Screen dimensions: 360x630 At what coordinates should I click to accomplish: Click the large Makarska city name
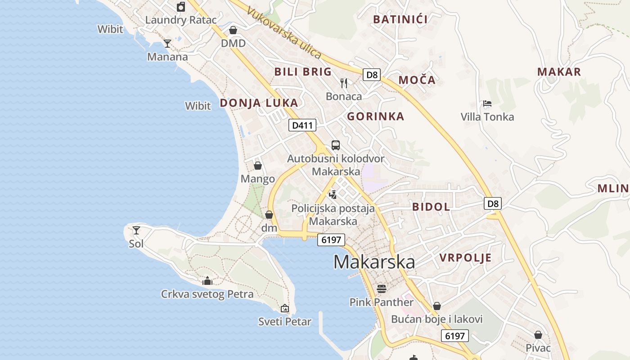(x=374, y=262)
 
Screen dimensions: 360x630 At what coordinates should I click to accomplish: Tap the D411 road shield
(x=302, y=125)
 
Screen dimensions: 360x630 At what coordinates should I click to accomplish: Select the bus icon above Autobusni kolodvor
(x=336, y=145)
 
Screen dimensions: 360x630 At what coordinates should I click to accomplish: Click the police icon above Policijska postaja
(x=333, y=194)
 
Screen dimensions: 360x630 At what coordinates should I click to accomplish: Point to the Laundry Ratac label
(x=181, y=20)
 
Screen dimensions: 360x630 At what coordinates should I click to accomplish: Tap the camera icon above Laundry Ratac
(x=181, y=7)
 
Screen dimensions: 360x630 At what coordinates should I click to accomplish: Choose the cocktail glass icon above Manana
(x=167, y=44)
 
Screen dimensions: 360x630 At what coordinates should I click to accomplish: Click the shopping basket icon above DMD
(x=233, y=30)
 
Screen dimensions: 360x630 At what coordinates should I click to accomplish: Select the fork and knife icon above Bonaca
(x=344, y=83)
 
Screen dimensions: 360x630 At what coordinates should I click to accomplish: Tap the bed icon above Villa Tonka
(x=487, y=103)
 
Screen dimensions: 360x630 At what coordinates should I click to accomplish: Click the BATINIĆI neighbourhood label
(x=400, y=19)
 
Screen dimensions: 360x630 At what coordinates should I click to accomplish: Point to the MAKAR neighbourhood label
(x=559, y=72)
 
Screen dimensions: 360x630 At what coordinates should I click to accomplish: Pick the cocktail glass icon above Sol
(x=136, y=230)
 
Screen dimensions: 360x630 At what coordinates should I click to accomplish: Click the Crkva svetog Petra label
(x=207, y=294)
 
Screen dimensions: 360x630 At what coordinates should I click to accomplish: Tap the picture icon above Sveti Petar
(x=284, y=308)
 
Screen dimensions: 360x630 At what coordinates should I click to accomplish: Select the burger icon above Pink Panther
(x=382, y=288)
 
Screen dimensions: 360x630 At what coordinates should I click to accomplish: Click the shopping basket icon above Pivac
(x=538, y=335)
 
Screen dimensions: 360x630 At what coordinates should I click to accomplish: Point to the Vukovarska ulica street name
(x=284, y=34)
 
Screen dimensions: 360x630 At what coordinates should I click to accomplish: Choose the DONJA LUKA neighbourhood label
(x=259, y=103)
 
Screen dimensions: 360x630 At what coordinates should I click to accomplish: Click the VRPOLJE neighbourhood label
(x=465, y=258)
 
